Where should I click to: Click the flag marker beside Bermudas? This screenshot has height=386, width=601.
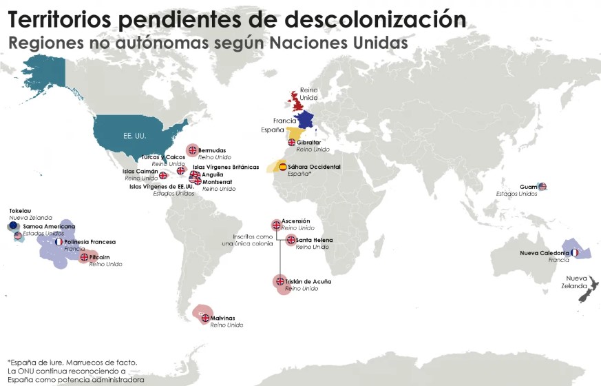[193, 150]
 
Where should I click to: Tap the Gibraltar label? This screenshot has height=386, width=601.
[308, 142]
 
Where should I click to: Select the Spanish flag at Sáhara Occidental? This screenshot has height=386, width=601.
[282, 167]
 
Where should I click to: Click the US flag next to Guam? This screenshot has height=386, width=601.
[542, 186]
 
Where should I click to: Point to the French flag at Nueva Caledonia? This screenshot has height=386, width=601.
[575, 253]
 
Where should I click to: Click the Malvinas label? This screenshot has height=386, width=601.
[222, 318]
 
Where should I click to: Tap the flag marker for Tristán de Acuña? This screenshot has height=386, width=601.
[280, 281]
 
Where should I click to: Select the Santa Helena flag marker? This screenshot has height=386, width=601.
[291, 240]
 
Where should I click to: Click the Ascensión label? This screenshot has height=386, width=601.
[295, 221]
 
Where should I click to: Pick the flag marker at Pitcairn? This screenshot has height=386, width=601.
[84, 257]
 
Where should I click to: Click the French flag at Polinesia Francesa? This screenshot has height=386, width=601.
[59, 242]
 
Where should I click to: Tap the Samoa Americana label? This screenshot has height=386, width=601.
[49, 226]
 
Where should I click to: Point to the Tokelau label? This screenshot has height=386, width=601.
[20, 211]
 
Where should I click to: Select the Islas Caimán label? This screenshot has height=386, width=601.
[140, 172]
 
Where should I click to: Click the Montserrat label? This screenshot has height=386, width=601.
[218, 182]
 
